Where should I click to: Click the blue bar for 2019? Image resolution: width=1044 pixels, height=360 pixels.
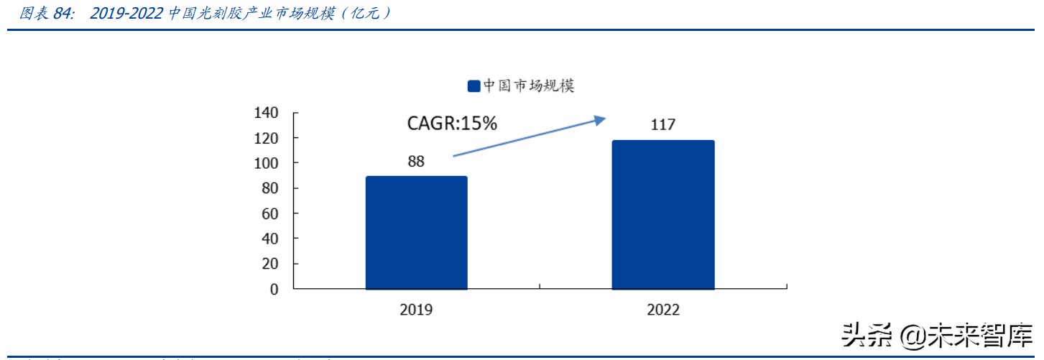click(x=416, y=233)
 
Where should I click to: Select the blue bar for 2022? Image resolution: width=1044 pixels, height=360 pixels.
click(x=662, y=215)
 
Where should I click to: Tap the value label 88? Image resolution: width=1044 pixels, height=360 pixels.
click(x=416, y=161)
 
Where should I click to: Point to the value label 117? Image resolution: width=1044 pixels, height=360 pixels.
click(x=662, y=125)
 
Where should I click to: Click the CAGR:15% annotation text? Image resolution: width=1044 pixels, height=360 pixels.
click(x=452, y=124)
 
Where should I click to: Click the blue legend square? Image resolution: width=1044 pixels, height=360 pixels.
click(x=474, y=86)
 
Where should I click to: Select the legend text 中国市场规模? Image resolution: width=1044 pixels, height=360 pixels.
click(x=528, y=86)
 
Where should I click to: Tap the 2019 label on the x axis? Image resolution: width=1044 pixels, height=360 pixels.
click(x=416, y=310)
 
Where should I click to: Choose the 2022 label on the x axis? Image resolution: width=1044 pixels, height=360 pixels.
click(x=662, y=310)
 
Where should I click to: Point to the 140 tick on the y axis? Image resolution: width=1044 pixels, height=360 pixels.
click(x=266, y=113)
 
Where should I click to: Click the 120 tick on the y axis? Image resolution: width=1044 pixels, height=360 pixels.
click(x=266, y=138)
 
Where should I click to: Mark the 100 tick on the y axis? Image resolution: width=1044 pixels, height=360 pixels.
click(x=266, y=163)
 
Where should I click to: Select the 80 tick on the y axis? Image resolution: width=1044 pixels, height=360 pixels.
click(x=269, y=188)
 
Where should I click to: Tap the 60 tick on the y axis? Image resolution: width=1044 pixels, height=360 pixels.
click(x=269, y=213)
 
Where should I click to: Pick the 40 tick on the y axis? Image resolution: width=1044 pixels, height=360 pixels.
click(x=269, y=239)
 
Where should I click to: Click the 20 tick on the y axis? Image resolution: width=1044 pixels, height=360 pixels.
click(x=269, y=264)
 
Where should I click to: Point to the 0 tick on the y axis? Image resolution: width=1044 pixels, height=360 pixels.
click(x=273, y=289)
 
